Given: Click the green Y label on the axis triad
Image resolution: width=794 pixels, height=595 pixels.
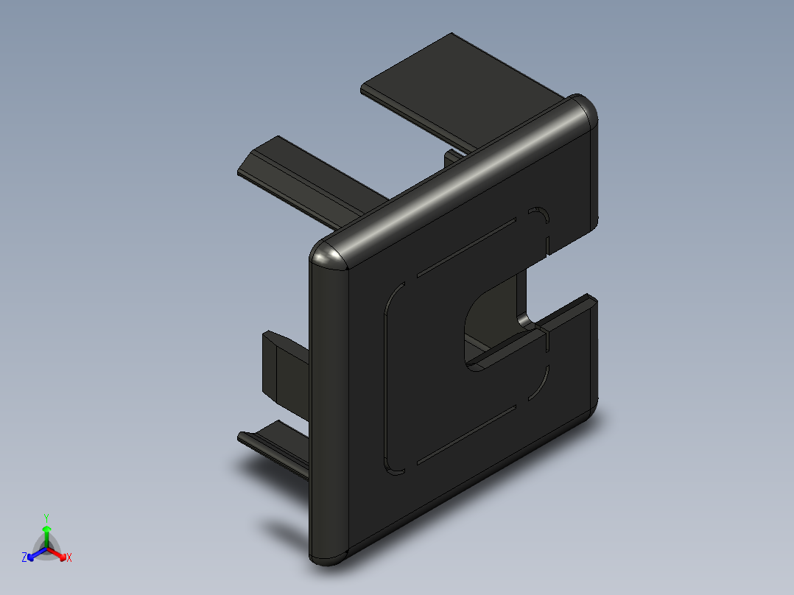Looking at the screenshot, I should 46,518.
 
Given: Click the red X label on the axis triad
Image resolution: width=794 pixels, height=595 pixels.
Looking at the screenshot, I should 68,558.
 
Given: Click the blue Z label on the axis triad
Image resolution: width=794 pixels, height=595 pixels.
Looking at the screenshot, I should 24,558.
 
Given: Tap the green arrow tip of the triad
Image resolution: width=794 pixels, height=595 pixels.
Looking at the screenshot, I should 46,529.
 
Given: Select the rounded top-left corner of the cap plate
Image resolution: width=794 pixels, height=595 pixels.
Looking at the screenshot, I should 329,254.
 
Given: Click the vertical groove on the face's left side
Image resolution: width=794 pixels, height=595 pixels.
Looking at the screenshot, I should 384,376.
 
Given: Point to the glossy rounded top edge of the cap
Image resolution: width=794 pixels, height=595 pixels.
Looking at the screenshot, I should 457,177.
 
